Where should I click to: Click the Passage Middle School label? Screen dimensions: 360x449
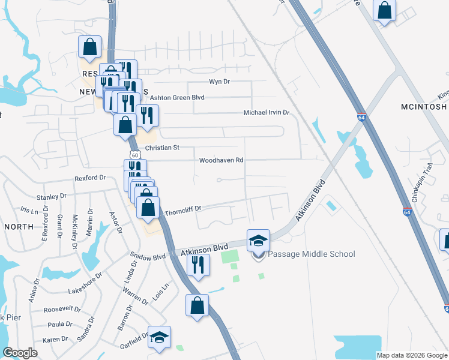click(x=311, y=254)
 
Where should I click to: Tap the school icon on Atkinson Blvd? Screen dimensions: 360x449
click(x=259, y=241)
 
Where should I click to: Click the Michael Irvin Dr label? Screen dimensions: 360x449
click(x=267, y=113)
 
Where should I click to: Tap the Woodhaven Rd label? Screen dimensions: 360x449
click(x=221, y=160)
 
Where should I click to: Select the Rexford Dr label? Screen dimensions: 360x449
click(x=90, y=178)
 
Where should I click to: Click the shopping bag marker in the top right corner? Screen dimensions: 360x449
click(x=384, y=11)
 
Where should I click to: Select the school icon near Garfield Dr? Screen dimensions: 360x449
click(x=160, y=337)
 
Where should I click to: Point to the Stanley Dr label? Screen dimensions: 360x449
click(x=51, y=196)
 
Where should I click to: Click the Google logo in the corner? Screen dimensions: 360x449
click(x=20, y=353)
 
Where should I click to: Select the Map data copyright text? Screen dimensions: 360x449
click(x=411, y=355)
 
